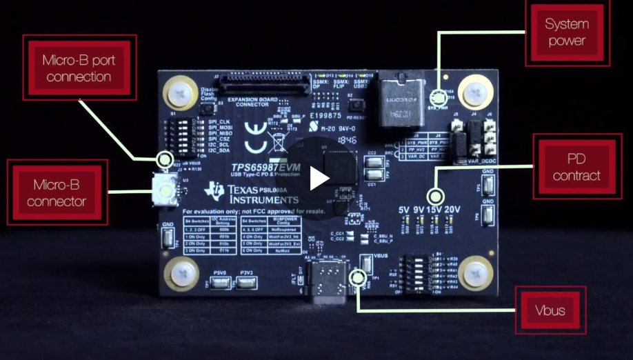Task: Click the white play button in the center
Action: tap(319, 178)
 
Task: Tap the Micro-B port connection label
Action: tap(79, 68)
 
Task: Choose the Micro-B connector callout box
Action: tap(59, 193)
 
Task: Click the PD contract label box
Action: tap(576, 168)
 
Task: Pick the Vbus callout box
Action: tap(550, 310)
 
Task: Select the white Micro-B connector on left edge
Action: tap(165, 186)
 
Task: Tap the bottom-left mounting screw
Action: tap(181, 272)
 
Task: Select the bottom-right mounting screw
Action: tap(475, 272)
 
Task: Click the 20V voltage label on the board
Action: tap(454, 209)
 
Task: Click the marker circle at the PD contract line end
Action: tap(434, 195)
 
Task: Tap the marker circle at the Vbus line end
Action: tap(357, 277)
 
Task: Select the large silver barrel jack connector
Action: tap(399, 101)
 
